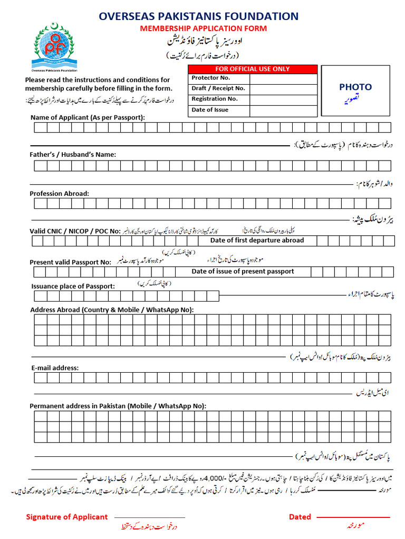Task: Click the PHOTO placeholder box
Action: point(355,91)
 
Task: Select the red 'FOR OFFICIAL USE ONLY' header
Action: point(253,69)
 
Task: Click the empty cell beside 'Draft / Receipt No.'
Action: point(283,89)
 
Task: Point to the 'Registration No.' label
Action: point(214,99)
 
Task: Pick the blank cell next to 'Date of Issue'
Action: point(283,111)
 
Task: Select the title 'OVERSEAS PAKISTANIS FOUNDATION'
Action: point(198,16)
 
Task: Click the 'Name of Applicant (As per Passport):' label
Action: point(88,117)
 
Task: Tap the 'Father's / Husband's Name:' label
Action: point(73,155)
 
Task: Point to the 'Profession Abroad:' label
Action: point(60,194)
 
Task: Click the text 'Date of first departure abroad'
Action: point(257,241)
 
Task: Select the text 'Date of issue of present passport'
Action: point(243,272)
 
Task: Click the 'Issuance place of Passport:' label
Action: point(73,286)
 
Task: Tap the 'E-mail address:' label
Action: point(54,368)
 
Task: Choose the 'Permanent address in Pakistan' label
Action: point(118,406)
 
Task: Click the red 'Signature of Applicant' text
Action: point(67,517)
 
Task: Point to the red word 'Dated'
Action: point(300,517)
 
